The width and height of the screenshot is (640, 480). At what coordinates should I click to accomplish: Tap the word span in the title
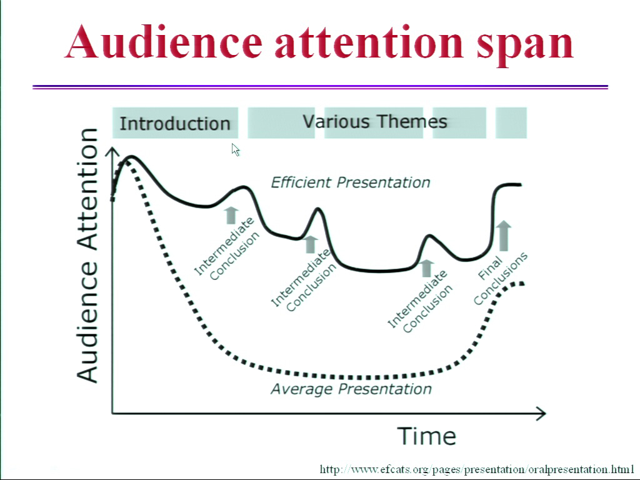click(525, 46)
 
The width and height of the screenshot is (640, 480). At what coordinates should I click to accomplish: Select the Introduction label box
click(175, 123)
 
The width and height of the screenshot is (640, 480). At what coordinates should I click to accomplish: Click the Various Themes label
click(375, 122)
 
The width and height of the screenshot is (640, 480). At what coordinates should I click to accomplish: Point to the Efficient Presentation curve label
click(351, 182)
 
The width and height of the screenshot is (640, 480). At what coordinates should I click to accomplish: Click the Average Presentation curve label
click(351, 389)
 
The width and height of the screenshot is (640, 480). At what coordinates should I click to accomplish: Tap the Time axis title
click(426, 436)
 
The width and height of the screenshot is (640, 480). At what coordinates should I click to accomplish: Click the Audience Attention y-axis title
click(87, 256)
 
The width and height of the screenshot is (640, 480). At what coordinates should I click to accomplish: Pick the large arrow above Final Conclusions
click(503, 236)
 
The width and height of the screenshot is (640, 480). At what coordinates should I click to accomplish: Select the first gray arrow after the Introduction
click(231, 215)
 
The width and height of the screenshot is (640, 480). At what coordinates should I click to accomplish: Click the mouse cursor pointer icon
click(236, 150)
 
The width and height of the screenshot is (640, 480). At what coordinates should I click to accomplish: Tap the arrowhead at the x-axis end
click(541, 414)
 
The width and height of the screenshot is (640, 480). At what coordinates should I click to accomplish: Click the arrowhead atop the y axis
click(112, 152)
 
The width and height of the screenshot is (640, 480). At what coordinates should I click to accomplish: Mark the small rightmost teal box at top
click(511, 123)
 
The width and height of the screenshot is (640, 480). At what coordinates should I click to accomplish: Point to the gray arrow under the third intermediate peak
click(426, 268)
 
